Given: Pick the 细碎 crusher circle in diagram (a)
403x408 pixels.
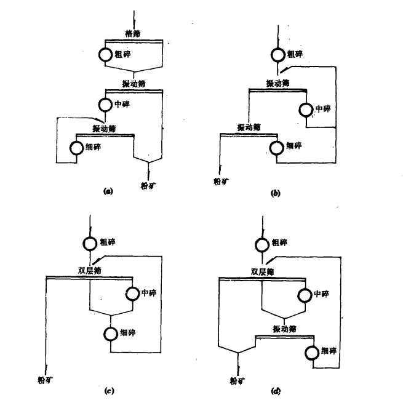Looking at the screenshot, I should pyautogui.click(x=76, y=148).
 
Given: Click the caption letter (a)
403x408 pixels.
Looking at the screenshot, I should pyautogui.click(x=108, y=192).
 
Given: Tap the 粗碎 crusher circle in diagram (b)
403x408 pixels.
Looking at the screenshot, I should pyautogui.click(x=281, y=54).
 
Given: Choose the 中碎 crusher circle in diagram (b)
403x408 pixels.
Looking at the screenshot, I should pyautogui.click(x=306, y=109).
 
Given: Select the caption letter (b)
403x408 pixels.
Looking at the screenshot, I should pyautogui.click(x=276, y=193).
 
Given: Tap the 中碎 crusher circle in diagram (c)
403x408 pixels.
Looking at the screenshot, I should pyautogui.click(x=131, y=292).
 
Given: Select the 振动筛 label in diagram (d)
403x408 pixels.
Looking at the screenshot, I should pyautogui.click(x=284, y=330).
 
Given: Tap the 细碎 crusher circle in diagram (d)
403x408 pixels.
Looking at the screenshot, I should pyautogui.click(x=313, y=351).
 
